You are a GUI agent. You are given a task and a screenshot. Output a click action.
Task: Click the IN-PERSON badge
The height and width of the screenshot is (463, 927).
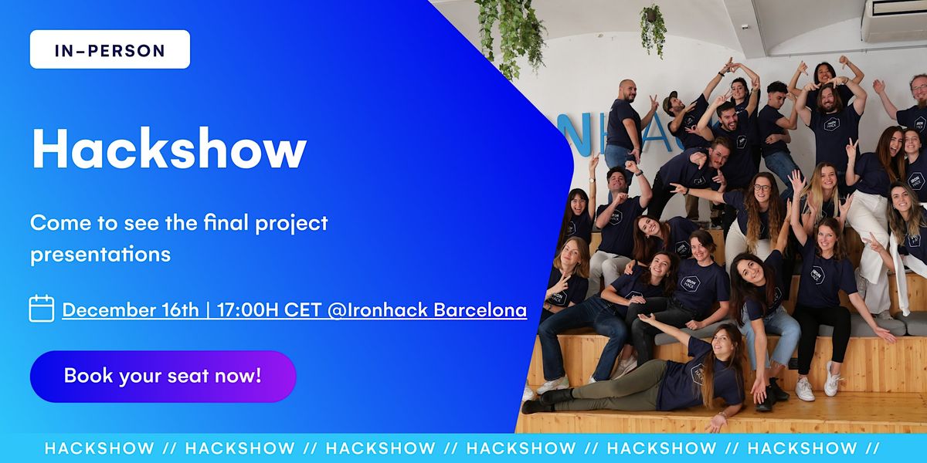[x=110, y=49]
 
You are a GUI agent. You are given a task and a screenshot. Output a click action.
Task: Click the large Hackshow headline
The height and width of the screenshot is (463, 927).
[x=169, y=148]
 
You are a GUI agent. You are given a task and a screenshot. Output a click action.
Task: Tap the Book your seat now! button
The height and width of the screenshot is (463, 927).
[x=163, y=377]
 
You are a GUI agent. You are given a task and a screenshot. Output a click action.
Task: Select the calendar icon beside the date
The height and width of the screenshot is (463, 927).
[x=42, y=309]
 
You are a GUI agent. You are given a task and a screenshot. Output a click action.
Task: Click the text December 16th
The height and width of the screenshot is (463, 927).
[x=131, y=309]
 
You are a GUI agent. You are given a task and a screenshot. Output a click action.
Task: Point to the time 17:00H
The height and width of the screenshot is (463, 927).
[x=247, y=309]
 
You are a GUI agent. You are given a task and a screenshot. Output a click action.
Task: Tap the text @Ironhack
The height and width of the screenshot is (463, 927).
[x=378, y=309]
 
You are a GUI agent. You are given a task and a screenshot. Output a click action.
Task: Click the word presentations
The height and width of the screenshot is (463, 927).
[x=100, y=254]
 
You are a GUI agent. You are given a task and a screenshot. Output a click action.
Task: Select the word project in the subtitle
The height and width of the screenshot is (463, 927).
[x=291, y=224]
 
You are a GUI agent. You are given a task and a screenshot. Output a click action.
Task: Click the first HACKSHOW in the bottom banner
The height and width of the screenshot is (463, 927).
[x=100, y=448]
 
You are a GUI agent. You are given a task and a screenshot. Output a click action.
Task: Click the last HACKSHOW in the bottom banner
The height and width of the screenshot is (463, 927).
[x=802, y=448]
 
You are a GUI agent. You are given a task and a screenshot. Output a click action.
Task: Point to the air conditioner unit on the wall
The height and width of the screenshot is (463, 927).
[x=894, y=19]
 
